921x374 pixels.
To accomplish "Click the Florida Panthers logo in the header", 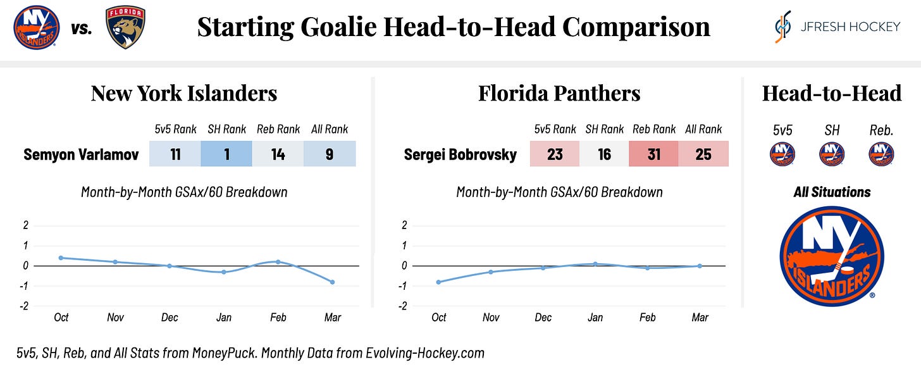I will [x=125, y=28].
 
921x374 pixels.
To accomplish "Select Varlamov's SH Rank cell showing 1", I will [x=226, y=154].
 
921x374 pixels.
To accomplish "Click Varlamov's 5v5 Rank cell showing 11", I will [x=175, y=154].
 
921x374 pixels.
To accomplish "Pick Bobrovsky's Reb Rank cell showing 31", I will [x=653, y=154].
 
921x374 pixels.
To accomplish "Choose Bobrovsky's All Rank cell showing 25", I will [x=703, y=154].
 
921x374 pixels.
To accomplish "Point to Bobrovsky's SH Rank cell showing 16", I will [x=604, y=154].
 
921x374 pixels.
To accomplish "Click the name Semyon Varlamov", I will [x=81, y=154].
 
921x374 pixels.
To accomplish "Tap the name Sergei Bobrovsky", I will [x=460, y=154].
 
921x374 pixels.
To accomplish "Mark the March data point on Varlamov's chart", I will [x=332, y=282].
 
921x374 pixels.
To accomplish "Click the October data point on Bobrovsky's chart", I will [x=439, y=282].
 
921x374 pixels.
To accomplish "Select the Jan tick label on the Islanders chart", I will [x=224, y=318].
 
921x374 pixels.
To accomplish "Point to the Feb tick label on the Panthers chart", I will [x=648, y=318].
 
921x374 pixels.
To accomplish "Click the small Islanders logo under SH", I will [x=832, y=154].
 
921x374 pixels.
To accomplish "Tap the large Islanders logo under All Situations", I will [x=832, y=256].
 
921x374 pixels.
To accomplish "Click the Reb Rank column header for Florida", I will [x=654, y=129].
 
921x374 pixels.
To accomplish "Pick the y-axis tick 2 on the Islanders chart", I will [x=26, y=225].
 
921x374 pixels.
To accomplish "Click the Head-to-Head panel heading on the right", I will [x=831, y=94].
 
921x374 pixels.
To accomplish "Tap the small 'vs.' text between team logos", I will [x=82, y=28].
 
